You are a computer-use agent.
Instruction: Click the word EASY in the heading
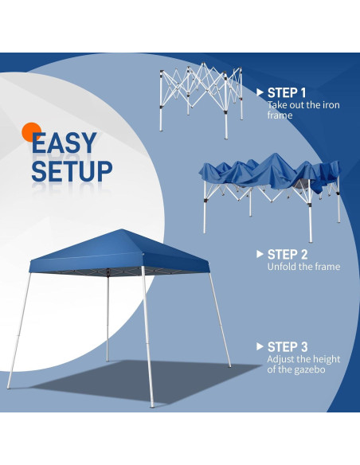pos(65,143)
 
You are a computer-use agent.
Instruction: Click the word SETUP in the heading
pos(72,170)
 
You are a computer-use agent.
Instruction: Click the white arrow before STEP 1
pos(260,92)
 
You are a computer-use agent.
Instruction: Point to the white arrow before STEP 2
pos(260,254)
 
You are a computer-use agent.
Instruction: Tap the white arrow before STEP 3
pos(260,346)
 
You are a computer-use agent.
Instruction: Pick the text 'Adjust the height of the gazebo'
pos(303,365)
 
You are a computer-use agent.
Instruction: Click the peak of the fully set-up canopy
pos(120,232)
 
